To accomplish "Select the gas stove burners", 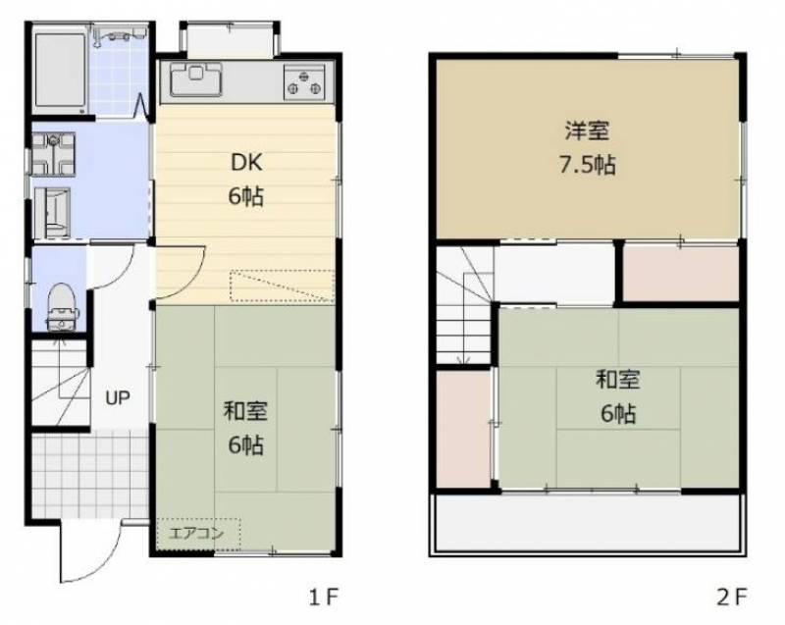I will [x=304, y=81].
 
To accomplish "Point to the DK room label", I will [x=245, y=162].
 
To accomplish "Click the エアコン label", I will [x=197, y=534].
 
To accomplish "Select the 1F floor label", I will [x=324, y=595].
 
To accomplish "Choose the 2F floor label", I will [x=733, y=595].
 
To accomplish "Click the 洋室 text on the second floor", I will [x=587, y=130].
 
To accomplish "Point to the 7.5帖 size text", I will [x=587, y=164].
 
